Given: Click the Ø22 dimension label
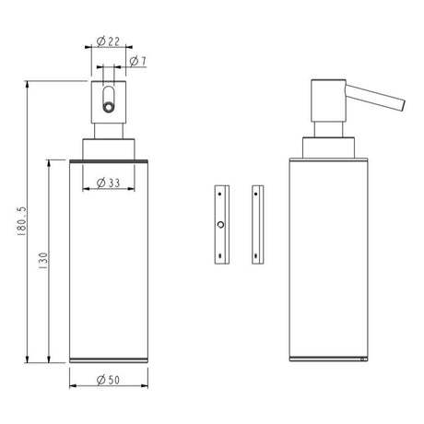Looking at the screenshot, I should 109,42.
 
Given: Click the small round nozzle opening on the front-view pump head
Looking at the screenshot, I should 109,107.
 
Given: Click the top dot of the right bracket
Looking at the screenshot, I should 256,193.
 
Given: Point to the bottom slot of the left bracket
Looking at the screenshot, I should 219,255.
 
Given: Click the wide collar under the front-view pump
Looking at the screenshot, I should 109,148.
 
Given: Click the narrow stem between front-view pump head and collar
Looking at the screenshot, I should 109,131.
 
